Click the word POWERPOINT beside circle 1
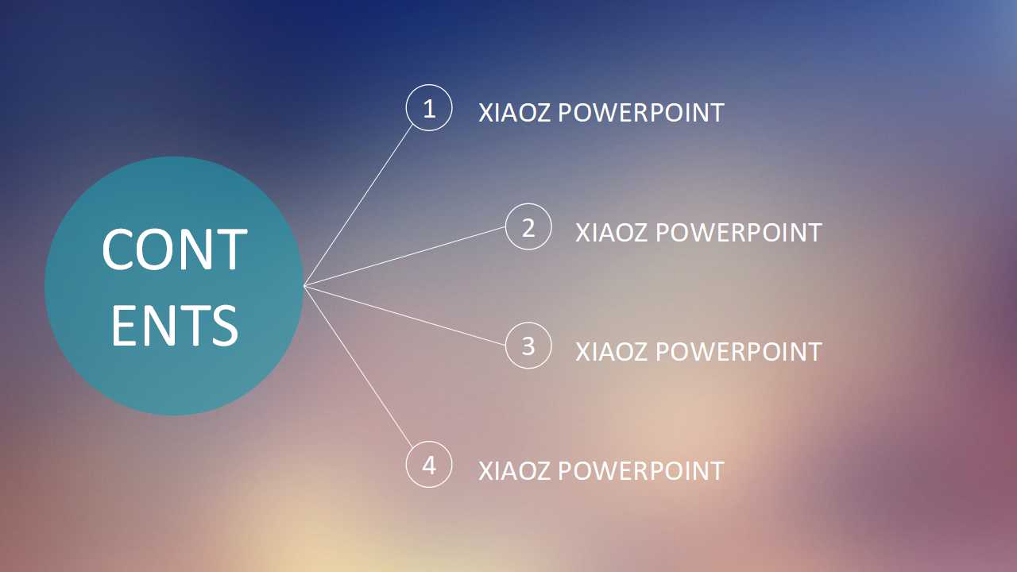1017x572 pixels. point(640,113)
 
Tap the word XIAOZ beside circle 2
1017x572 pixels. point(612,233)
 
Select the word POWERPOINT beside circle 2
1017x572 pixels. point(739,233)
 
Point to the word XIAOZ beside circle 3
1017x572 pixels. point(612,351)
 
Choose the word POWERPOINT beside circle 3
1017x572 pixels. point(739,351)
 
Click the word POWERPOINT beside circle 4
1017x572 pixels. point(640,471)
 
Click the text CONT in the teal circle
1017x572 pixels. point(175,249)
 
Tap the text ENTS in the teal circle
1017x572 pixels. point(175,325)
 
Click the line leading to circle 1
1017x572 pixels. point(358,205)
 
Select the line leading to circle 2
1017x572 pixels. point(404,257)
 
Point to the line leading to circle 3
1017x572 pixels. point(404,316)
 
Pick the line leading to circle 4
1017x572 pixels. point(358,367)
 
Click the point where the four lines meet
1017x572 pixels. point(304,286)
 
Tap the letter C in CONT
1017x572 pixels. point(117,249)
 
